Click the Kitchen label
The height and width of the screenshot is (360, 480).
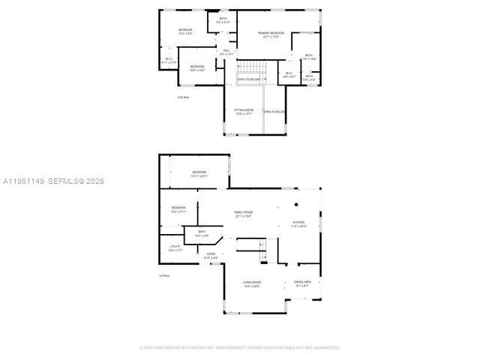(298, 223)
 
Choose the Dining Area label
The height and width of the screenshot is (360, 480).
(303, 283)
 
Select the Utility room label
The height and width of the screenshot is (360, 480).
(174, 247)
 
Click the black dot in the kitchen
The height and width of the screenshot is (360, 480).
(297, 205)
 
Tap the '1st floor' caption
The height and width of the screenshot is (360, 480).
(163, 275)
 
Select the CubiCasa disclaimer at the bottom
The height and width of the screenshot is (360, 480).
(240, 347)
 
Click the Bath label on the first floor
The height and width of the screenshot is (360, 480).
(202, 234)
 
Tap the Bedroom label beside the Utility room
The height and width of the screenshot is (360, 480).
(178, 209)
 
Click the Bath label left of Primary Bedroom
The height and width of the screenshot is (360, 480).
(223, 19)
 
